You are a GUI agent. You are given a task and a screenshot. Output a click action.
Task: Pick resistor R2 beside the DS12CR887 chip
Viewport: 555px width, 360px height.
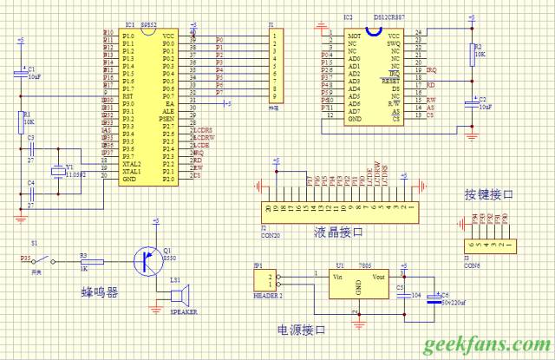[472, 56]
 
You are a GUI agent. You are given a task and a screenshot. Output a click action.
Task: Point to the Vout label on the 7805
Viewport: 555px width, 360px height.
[380, 278]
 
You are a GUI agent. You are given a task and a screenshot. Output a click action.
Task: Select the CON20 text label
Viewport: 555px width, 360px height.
[269, 234]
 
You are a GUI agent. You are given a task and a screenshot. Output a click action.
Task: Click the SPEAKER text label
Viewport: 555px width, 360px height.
[184, 311]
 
